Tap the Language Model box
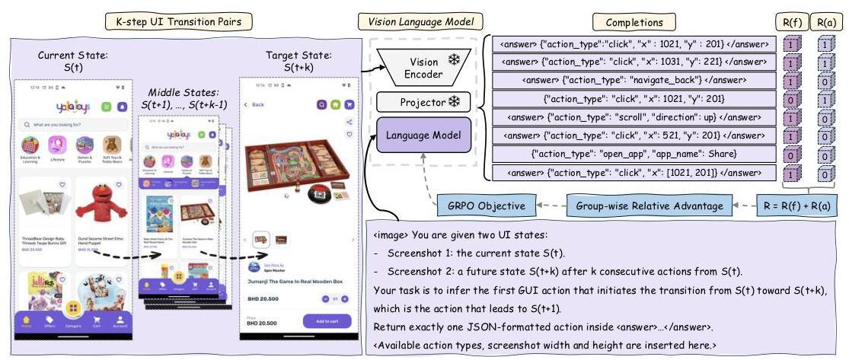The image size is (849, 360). click(x=423, y=134)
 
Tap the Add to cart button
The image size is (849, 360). click(x=327, y=321)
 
